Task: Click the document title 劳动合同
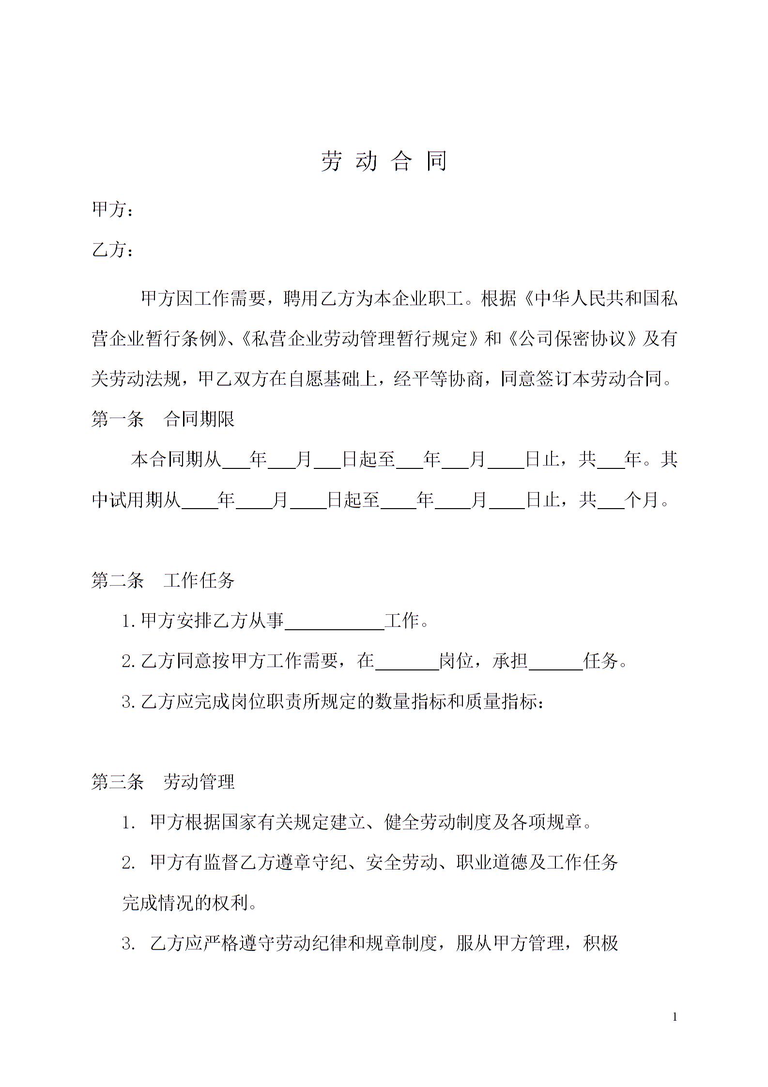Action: [384, 161]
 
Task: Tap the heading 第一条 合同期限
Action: [163, 419]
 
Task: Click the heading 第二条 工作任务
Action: [163, 580]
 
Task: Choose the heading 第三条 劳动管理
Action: [163, 781]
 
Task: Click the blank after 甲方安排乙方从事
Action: [335, 621]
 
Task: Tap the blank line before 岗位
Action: [407, 662]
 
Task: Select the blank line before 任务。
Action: [556, 662]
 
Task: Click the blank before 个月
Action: [611, 501]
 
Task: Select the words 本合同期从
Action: [176, 459]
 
